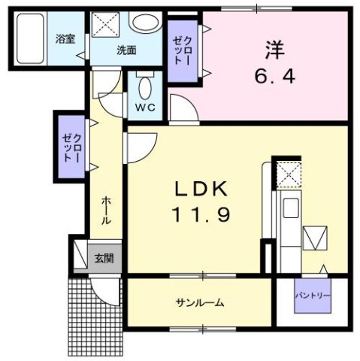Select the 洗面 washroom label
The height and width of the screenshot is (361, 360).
126,51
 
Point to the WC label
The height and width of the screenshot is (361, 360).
145,107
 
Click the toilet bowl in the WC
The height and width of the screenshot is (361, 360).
145,83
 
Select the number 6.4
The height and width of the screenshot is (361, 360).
272,77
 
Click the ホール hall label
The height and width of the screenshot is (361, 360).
107,211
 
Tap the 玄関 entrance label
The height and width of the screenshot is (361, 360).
103,258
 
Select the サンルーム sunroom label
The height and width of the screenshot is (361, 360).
200,302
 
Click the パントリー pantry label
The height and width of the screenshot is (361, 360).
312,296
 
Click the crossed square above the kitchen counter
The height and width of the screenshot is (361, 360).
289,175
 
